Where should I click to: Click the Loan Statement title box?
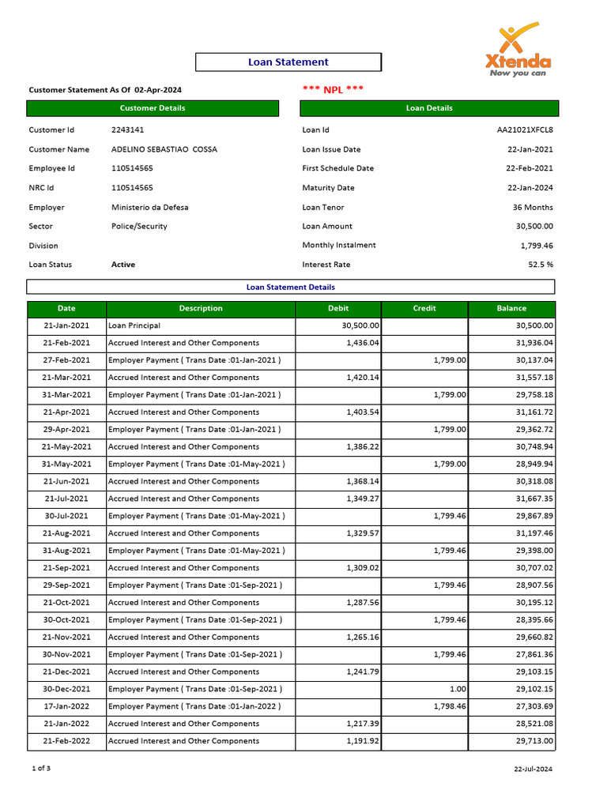(x=288, y=62)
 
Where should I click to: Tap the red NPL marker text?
(x=333, y=89)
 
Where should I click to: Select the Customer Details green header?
(x=153, y=108)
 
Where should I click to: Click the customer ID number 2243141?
(x=127, y=130)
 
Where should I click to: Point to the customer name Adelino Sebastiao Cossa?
(x=164, y=149)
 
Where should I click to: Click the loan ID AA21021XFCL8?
(x=525, y=130)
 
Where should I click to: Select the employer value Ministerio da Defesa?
(x=149, y=207)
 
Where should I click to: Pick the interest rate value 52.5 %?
(x=541, y=265)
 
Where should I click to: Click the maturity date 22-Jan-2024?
(x=530, y=188)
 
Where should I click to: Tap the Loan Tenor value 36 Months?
(x=533, y=207)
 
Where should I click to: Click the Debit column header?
(x=338, y=308)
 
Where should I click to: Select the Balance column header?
(x=511, y=308)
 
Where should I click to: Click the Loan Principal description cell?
(x=134, y=325)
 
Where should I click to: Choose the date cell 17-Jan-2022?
(x=66, y=706)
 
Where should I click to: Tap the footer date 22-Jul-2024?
(x=533, y=769)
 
